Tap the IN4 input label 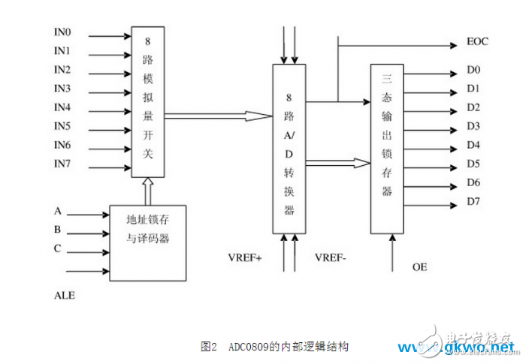[x=63, y=107]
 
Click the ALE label [x=65, y=296]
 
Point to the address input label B [x=57, y=230]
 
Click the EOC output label [x=477, y=41]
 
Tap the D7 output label [x=473, y=200]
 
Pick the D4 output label [x=473, y=146]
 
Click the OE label [x=419, y=266]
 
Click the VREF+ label [x=245, y=257]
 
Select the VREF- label [x=332, y=257]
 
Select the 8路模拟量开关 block [x=147, y=102]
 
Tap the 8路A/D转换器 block [x=289, y=148]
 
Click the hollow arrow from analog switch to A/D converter [x=218, y=116]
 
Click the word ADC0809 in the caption [x=249, y=347]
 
